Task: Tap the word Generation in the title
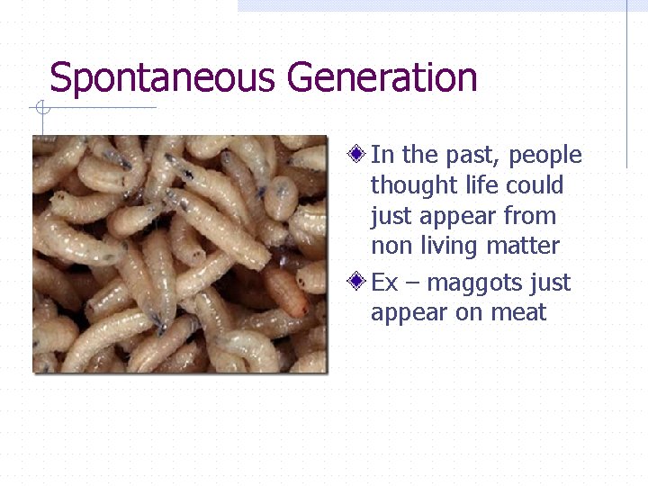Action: tap(382, 78)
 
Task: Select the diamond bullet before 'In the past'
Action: tap(357, 155)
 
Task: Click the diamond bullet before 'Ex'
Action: tap(357, 283)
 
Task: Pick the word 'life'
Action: tap(471, 185)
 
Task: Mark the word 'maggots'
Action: tap(474, 284)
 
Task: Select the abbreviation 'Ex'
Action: tap(384, 283)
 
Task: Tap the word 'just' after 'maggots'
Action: tap(550, 283)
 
